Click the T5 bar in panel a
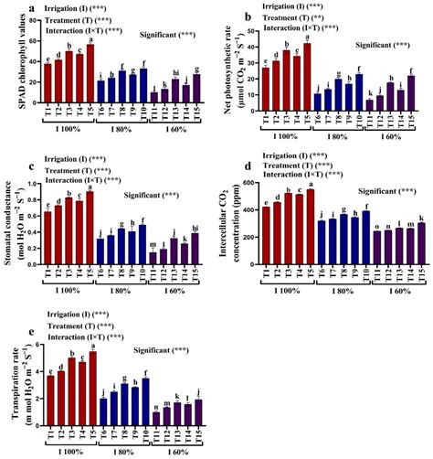(x=90, y=76)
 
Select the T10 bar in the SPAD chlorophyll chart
(x=143, y=88)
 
